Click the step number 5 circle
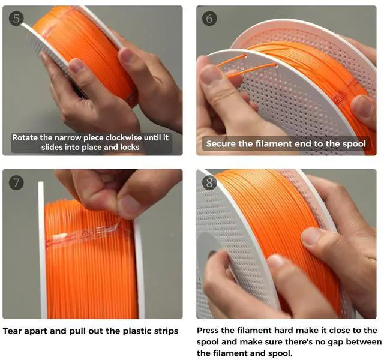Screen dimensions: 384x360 pos(16,19)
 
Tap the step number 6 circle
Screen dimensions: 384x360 pos(209,19)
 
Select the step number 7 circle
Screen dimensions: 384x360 pos(16,182)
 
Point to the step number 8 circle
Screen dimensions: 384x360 pos(209,182)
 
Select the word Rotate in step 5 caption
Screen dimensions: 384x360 pos(25,137)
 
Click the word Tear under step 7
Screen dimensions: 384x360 pos(13,331)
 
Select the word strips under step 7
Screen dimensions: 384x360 pos(166,331)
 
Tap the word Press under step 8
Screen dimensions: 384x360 pos(208,331)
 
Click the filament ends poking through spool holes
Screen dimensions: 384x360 pos(247,64)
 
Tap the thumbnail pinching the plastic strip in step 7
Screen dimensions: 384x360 pos(128,205)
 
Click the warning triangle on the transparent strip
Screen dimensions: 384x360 pos(85,233)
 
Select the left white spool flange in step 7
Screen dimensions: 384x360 pos(41,250)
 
